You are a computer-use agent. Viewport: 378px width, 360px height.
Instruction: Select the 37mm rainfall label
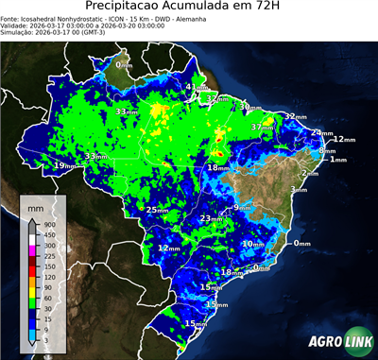(x=260, y=127)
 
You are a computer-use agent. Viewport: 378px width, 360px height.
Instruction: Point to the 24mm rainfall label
(x=322, y=133)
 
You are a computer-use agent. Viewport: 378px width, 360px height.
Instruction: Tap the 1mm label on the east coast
(x=337, y=160)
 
